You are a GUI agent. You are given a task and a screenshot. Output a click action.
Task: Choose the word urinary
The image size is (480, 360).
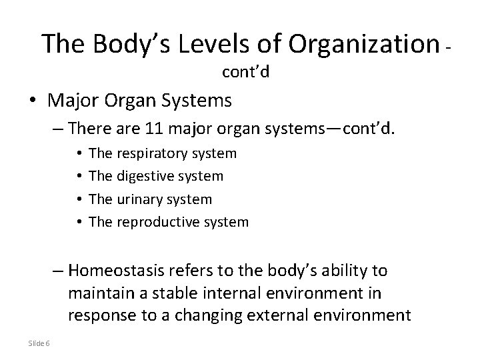[x=141, y=199]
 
